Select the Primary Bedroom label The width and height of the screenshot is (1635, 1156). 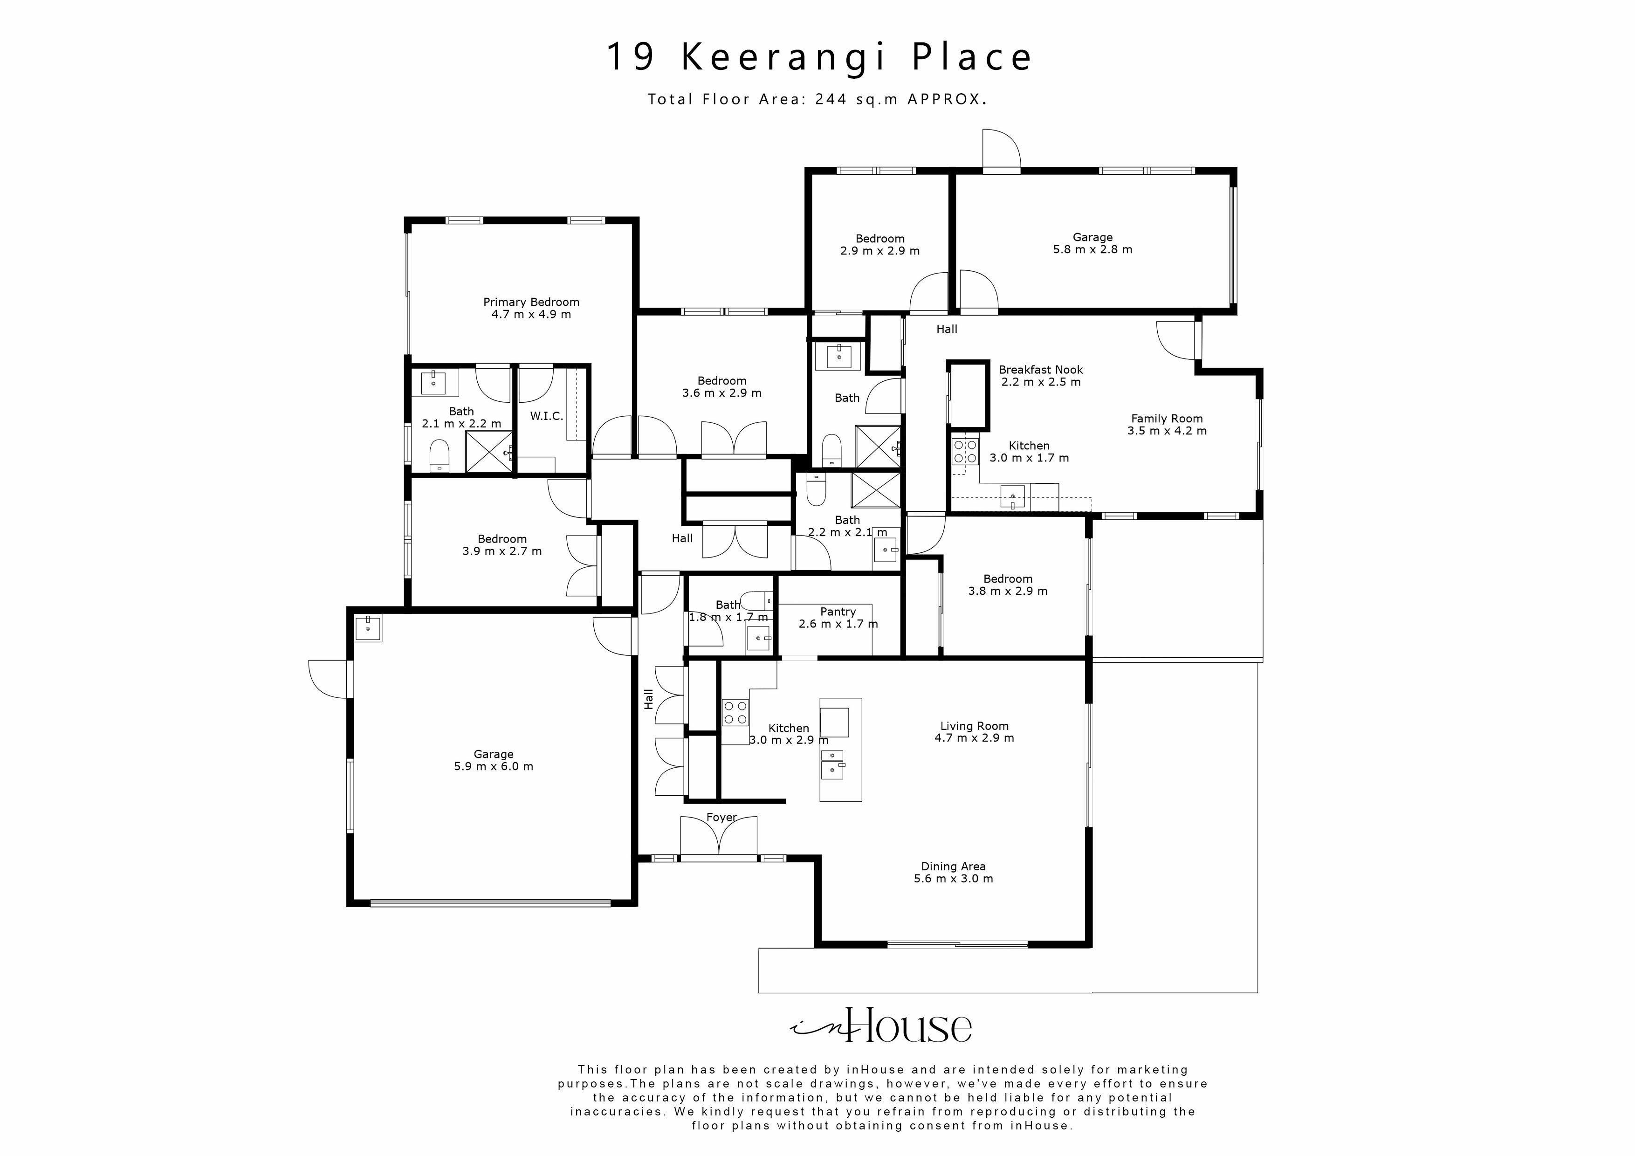point(531,302)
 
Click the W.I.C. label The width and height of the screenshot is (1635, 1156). point(546,416)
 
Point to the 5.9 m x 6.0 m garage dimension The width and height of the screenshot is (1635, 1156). point(494,766)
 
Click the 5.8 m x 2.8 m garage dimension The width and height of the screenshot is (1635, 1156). point(1092,249)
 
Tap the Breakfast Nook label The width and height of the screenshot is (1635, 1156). point(1040,370)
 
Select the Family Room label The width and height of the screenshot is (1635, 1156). point(1167,419)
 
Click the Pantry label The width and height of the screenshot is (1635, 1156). point(838,612)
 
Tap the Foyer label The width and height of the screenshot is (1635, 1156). point(721,817)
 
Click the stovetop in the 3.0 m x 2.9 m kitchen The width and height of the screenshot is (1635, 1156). point(735,712)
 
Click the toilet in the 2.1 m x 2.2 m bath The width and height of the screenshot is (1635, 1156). point(440,455)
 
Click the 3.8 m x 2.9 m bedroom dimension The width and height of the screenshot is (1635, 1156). point(1008,591)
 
